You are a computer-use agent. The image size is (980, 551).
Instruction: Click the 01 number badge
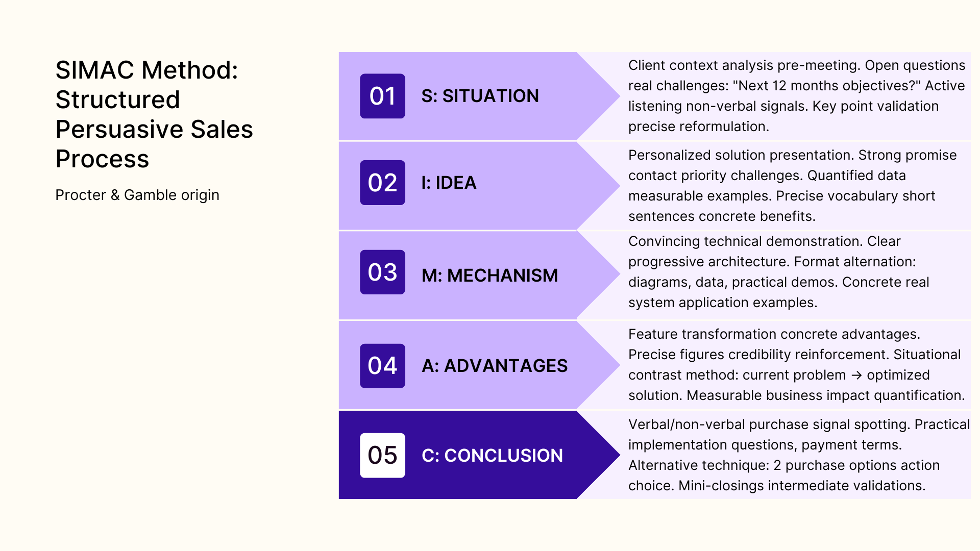[382, 96]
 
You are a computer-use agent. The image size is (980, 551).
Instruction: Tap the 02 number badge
[382, 183]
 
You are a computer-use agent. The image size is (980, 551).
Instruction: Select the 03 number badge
[382, 272]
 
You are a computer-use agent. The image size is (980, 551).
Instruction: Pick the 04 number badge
[382, 366]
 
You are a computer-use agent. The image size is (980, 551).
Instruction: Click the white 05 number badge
[382, 455]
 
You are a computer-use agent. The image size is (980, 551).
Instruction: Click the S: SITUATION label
[480, 96]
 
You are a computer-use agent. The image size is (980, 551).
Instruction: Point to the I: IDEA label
[449, 183]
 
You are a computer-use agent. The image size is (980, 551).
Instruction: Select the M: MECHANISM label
[489, 275]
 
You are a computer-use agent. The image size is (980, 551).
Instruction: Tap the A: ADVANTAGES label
[494, 366]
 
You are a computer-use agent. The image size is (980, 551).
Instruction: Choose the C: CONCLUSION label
[492, 456]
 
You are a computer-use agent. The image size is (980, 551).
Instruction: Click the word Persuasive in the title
[119, 129]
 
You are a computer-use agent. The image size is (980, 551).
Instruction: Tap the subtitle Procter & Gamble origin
[137, 195]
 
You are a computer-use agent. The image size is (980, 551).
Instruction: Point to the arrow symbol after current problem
[856, 375]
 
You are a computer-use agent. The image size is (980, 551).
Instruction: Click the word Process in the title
[102, 159]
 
